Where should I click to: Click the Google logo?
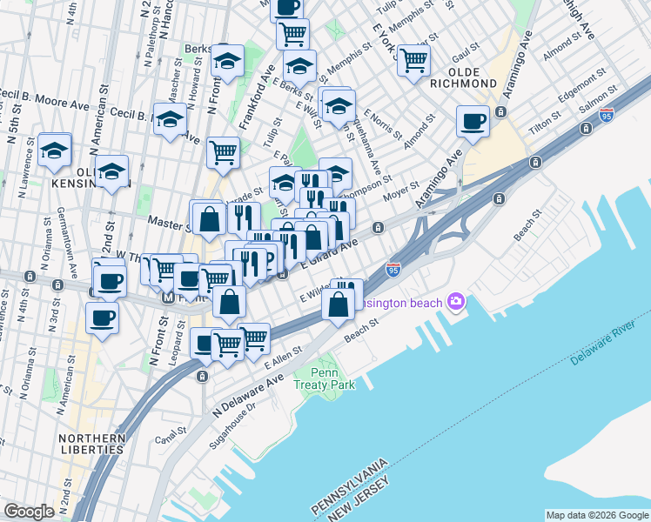[x=29, y=512]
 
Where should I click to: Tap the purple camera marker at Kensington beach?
[x=454, y=302]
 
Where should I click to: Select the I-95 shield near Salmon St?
[x=606, y=114]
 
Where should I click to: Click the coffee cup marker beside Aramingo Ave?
[x=473, y=122]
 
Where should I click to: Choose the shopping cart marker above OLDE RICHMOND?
[x=413, y=60]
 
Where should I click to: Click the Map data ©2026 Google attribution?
[x=597, y=514]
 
